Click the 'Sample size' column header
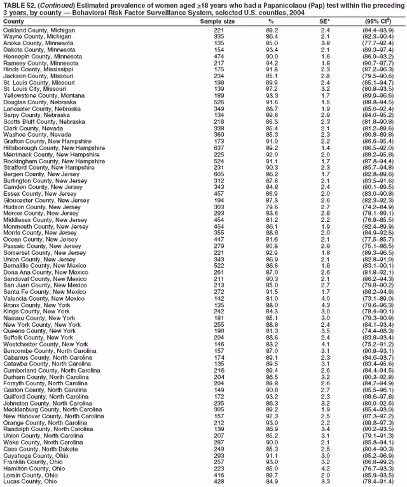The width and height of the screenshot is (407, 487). (217, 21)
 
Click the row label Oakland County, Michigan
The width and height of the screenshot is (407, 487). (39, 30)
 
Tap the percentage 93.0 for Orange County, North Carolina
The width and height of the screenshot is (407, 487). (272, 422)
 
